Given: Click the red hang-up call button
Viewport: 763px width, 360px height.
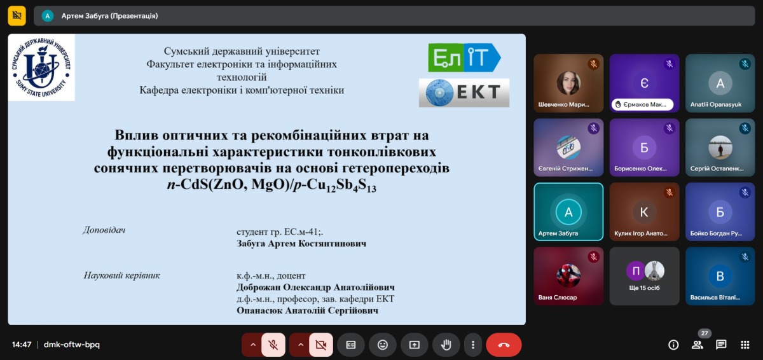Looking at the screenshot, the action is click(x=504, y=345).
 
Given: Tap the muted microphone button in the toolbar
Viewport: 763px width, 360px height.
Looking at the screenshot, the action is click(x=273, y=345).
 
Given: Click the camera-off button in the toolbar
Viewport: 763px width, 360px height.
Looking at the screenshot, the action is click(x=321, y=345).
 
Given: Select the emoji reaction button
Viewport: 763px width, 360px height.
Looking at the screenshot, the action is click(x=383, y=345).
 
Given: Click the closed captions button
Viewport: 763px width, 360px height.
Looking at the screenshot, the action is click(x=351, y=345).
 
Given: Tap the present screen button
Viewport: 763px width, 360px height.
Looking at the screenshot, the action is click(x=414, y=345).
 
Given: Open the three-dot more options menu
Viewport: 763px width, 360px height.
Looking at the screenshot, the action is click(x=473, y=345).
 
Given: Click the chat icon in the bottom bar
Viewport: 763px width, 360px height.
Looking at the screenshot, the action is click(x=721, y=345).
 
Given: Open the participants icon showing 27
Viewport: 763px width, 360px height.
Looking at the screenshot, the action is click(x=698, y=345).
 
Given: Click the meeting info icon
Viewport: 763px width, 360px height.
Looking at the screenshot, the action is click(x=673, y=345).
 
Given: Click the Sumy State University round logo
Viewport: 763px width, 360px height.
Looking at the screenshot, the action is click(x=41, y=67).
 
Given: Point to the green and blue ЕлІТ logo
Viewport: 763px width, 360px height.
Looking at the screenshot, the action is click(x=464, y=57).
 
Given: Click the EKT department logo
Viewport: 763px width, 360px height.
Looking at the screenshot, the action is click(x=464, y=93).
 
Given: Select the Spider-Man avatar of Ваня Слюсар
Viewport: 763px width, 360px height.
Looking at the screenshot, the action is click(x=568, y=275).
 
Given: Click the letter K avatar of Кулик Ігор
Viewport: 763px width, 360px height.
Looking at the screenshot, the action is click(x=644, y=212).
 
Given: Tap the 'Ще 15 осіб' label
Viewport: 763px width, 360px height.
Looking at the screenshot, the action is click(x=644, y=287).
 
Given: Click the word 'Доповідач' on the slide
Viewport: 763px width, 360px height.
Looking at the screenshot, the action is click(x=104, y=230).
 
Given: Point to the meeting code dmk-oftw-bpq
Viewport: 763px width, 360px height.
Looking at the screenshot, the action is click(x=71, y=345).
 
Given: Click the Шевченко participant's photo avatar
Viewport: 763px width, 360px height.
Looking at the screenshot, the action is click(x=568, y=83).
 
